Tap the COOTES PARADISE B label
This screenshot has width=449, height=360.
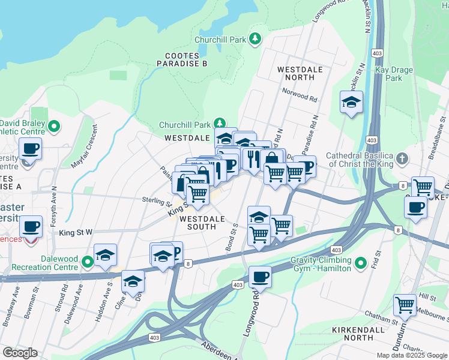pos(181,59)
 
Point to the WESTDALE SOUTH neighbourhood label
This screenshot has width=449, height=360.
pos(197,223)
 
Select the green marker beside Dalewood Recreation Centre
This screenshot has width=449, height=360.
pos(87,261)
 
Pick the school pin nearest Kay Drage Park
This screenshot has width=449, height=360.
pos(352,102)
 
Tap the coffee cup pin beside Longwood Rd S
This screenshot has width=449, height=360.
pos(260,277)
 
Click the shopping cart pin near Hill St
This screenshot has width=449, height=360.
pos(405,304)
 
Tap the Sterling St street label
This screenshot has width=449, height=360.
pos(158,200)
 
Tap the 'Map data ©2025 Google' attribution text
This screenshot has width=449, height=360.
pos(411,355)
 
